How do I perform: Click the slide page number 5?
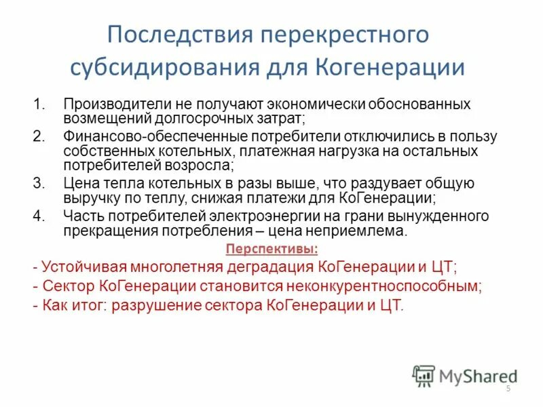click(508, 388)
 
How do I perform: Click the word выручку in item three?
click(89, 198)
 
